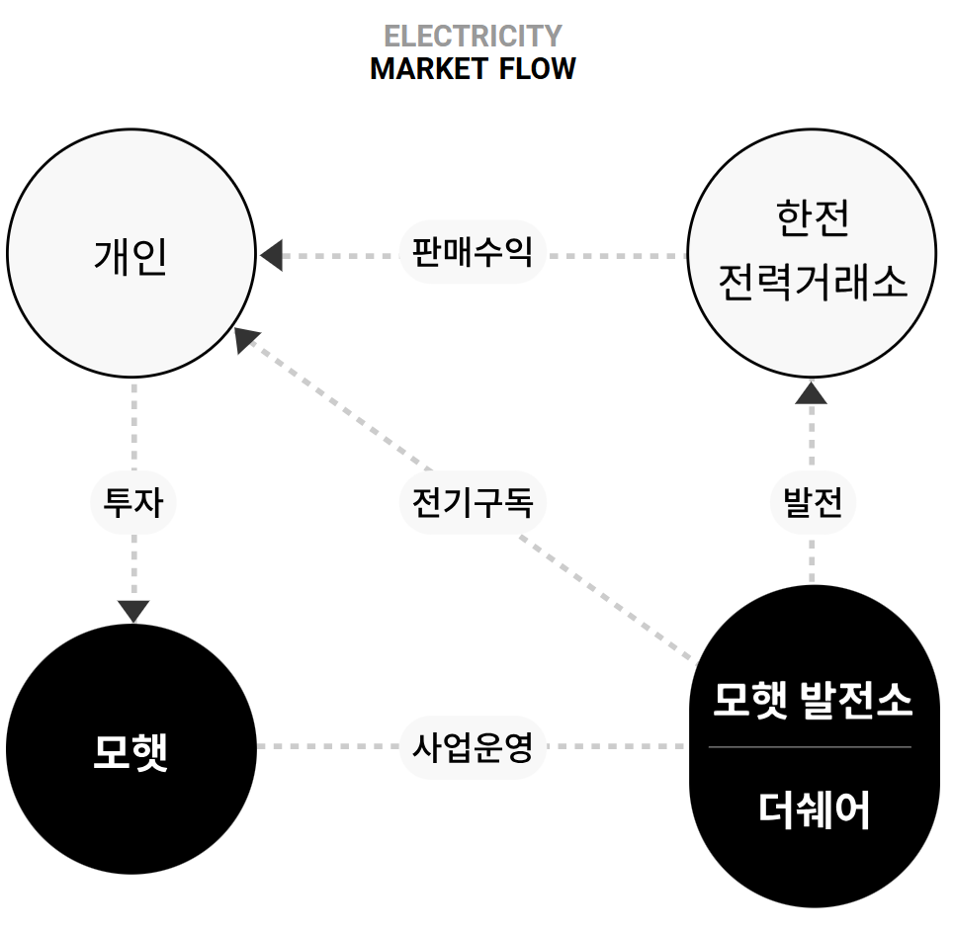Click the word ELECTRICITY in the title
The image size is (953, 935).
tap(473, 37)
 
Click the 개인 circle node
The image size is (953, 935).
tap(131, 254)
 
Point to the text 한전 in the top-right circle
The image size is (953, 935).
tap(812, 219)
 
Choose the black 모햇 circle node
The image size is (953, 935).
tap(131, 750)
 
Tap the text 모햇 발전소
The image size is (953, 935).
tap(812, 701)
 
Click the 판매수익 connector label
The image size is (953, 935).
tap(473, 253)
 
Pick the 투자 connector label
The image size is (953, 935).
tap(132, 503)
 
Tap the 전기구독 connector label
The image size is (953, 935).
tap(473, 503)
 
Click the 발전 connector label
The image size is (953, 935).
tap(812, 503)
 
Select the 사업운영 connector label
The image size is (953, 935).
tap(473, 746)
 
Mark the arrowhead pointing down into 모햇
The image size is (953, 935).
tap(132, 610)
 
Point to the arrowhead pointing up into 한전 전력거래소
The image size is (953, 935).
tap(812, 392)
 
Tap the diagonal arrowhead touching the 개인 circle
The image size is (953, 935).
tap(247, 339)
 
